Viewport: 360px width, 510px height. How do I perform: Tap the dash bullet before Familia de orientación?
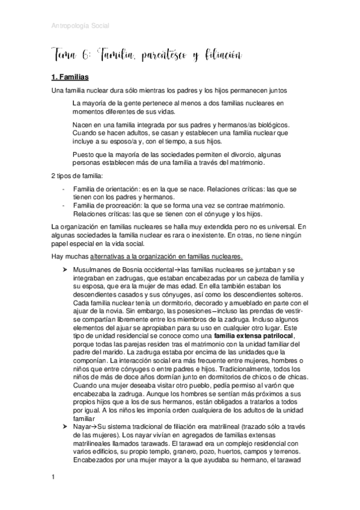pyautogui.click(x=64, y=189)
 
